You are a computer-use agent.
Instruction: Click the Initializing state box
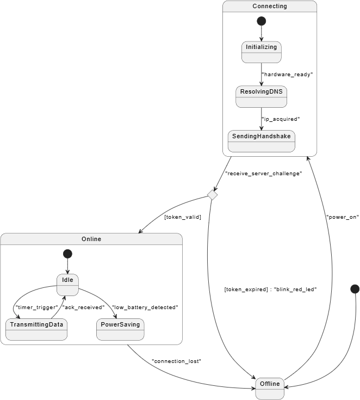262,52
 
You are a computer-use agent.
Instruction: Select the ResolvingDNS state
261,97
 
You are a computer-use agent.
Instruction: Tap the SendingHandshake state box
262,141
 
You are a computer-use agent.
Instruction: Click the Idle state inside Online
67,285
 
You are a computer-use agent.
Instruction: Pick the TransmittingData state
36,329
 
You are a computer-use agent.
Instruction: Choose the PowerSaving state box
120,329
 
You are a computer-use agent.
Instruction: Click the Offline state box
270,389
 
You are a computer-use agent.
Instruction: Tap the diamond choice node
213,195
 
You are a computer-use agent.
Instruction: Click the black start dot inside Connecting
262,21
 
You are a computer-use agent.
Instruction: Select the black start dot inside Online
67,254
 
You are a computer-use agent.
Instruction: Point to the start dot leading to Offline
355,289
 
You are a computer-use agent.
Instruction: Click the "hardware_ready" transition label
287,75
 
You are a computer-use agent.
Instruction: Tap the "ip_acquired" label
281,119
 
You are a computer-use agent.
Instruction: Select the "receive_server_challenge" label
264,174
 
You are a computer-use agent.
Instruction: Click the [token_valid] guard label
183,217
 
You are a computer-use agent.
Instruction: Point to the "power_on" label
343,217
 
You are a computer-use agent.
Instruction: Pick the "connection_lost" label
176,361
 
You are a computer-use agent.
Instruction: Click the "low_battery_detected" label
145,307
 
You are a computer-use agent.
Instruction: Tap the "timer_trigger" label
37,307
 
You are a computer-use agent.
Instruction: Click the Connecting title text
270,6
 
